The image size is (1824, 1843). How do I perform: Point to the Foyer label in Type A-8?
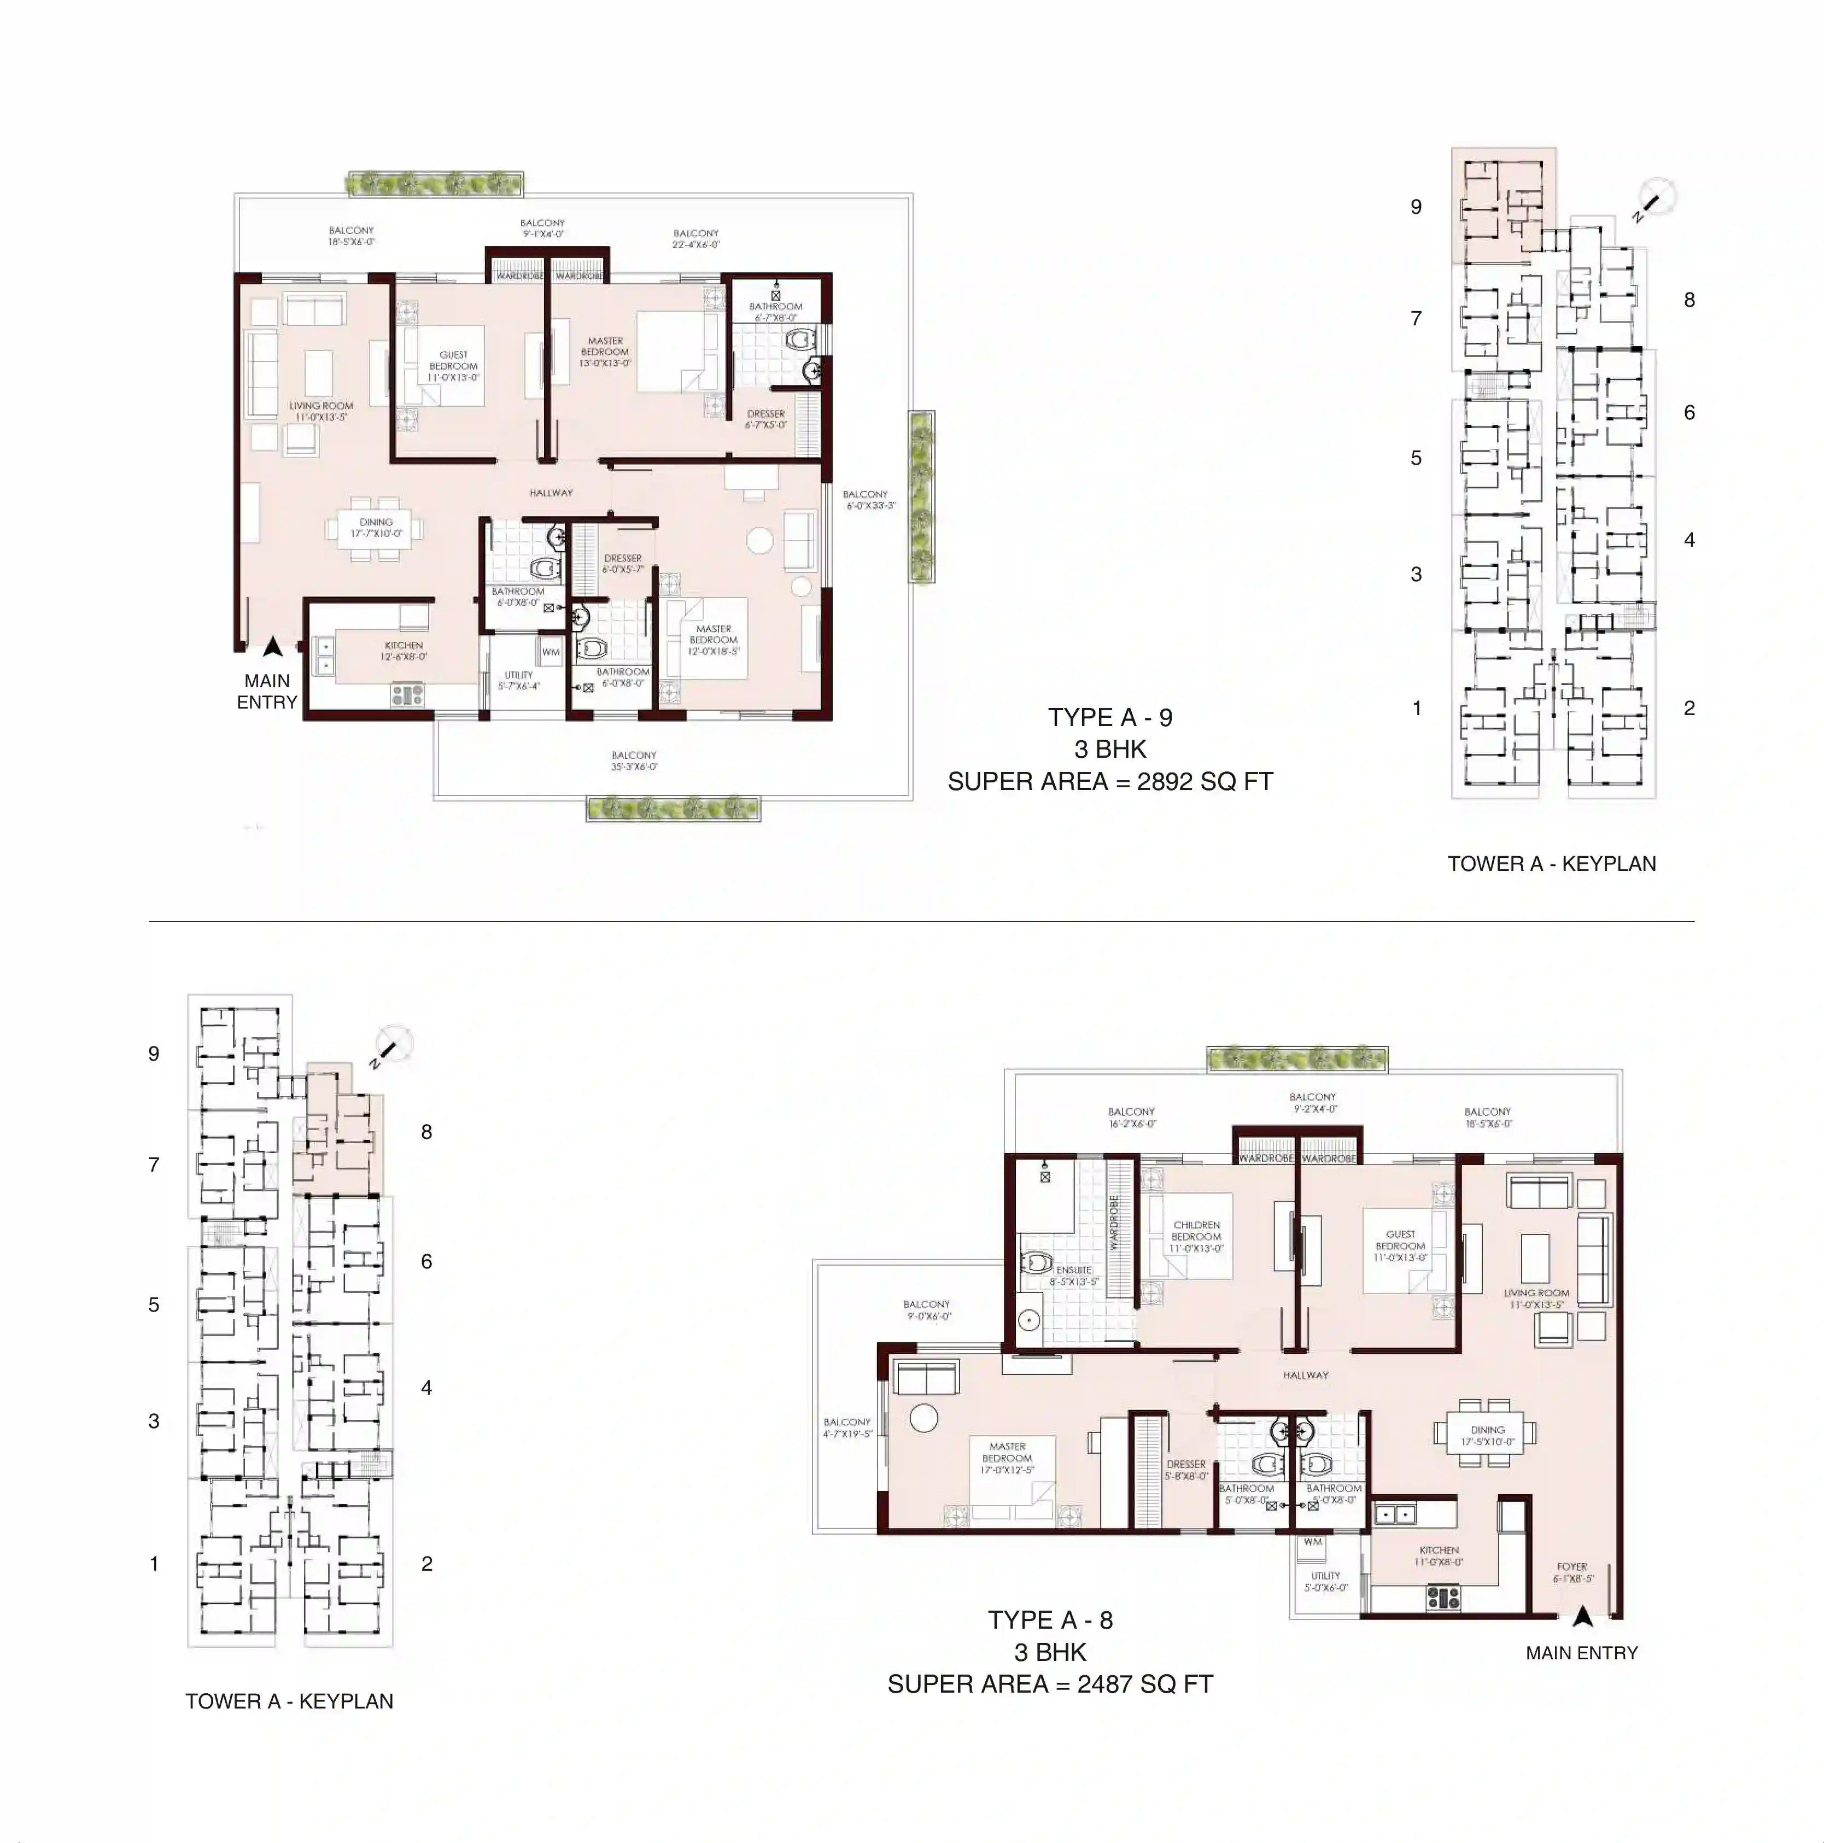tap(1572, 1572)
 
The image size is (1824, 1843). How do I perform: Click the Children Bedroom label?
tap(1196, 1236)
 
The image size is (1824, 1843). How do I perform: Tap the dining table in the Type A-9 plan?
tap(376, 528)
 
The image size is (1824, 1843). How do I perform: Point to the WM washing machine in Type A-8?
tap(1313, 1542)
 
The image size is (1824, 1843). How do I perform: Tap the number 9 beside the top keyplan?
tap(1416, 207)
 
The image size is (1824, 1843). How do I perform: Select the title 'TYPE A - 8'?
tap(1049, 1620)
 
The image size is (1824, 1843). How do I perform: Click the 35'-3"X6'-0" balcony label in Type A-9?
tap(634, 760)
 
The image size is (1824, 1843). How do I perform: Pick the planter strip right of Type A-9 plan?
tap(921, 496)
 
